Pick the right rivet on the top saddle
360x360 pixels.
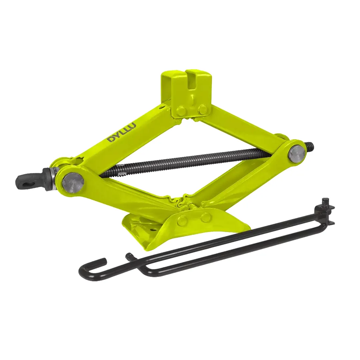pos(202,110)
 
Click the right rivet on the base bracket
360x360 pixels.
pos(206,218)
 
